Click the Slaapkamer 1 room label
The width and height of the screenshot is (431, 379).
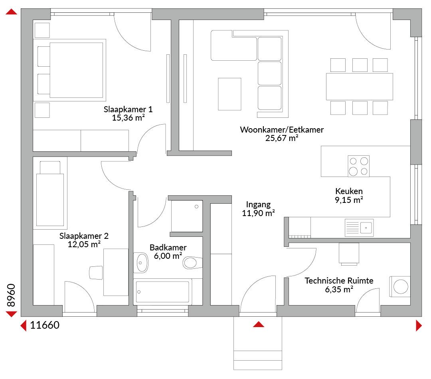point(128,109)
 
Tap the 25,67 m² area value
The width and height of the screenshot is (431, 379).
point(282,138)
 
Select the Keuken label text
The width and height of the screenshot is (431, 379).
point(349,191)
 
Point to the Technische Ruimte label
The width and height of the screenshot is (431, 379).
point(339,280)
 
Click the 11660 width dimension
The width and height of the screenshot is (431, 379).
point(45,325)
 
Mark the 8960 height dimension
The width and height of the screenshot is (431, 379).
point(11,295)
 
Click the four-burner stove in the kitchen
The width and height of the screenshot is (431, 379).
point(358,166)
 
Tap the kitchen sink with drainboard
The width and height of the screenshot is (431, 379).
point(359,228)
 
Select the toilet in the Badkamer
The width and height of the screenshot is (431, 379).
point(192,263)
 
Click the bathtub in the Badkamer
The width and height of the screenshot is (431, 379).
point(162,292)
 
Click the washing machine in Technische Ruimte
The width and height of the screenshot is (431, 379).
point(400,287)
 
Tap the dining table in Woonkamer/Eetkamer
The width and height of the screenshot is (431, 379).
point(359,86)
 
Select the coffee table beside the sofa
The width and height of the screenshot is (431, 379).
point(229,94)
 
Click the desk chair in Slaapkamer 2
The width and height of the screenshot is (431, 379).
point(96,272)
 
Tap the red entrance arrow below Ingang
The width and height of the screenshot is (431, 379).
point(258,324)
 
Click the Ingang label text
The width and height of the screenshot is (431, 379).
point(258,204)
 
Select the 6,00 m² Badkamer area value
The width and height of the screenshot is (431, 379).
point(168,256)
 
